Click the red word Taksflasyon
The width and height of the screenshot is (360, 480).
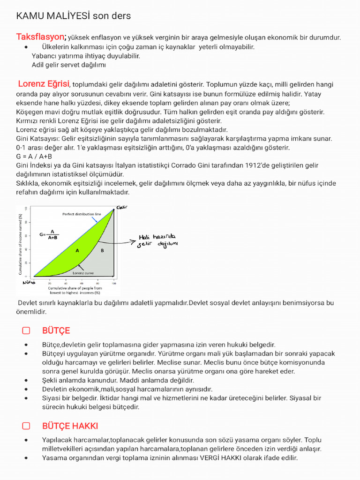click(41, 37)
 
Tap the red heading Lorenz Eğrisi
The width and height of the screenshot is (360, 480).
click(44, 84)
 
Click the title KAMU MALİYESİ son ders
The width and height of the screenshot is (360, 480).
click(74, 16)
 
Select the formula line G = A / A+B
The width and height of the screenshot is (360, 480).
click(34, 157)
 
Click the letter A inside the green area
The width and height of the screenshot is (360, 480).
click(77, 251)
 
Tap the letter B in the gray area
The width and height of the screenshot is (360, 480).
click(102, 251)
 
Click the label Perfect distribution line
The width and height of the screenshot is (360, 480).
click(82, 214)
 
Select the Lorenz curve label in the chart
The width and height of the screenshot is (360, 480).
click(83, 272)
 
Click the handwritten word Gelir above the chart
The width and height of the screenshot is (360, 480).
click(122, 207)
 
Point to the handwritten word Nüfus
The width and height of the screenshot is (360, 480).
click(29, 283)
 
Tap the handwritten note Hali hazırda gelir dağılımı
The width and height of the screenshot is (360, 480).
click(157, 240)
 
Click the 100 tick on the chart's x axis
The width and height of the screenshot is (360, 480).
click(113, 284)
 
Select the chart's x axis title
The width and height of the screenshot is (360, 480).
click(71, 290)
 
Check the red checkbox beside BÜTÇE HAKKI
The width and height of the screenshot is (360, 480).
click(26, 426)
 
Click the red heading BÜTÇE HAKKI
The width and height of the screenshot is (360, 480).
click(70, 426)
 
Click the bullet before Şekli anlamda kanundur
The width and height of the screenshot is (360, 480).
click(26, 381)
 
